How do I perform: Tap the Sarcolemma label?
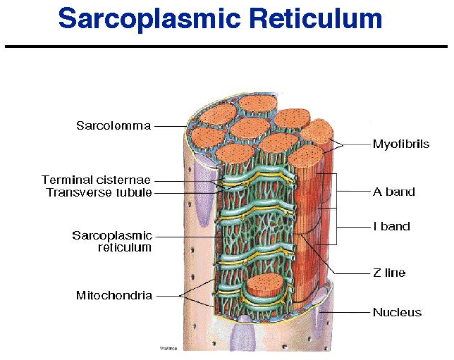pos(114,126)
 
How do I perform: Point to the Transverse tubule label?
pos(99,192)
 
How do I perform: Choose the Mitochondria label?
pos(114,296)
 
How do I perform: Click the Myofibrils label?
pos(400,144)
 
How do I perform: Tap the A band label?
pos(393,192)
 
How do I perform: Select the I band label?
pos(391,227)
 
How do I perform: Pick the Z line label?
pos(389,273)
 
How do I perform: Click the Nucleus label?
pos(397,312)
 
